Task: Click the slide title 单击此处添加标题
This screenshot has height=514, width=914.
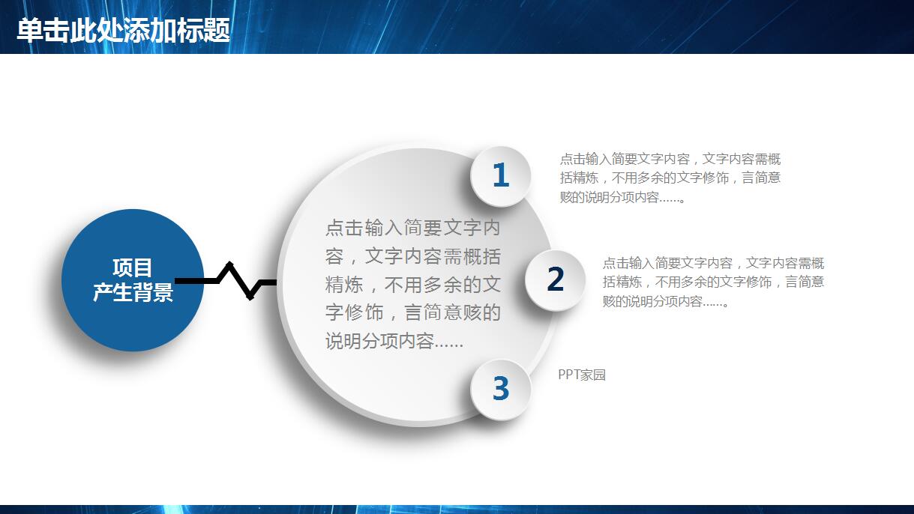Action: coord(123,30)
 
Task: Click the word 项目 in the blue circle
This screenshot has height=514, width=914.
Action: coord(133,268)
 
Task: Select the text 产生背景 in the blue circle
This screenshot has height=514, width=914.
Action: coord(133,292)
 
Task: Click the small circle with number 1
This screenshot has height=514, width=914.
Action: coord(500,176)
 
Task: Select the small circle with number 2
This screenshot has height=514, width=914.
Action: coord(555,279)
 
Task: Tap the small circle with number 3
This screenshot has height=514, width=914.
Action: coord(500,389)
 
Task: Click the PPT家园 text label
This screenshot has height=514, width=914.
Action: coord(582,375)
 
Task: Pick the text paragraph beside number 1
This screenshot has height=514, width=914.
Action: coord(670,178)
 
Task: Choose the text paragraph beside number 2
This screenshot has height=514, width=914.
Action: coord(713,282)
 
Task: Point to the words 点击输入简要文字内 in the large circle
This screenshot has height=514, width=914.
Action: coord(412,228)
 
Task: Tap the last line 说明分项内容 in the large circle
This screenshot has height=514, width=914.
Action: coord(394,342)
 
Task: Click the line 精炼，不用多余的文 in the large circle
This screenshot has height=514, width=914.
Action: coord(412,285)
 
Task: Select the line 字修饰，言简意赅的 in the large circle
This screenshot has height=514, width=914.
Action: coord(412,313)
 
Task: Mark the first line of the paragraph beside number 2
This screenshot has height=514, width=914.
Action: coord(713,263)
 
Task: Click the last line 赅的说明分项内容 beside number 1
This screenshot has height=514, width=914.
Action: coord(623,198)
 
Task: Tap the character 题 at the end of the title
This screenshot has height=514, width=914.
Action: coord(217,30)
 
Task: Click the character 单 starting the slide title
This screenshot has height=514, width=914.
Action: coord(29,30)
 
